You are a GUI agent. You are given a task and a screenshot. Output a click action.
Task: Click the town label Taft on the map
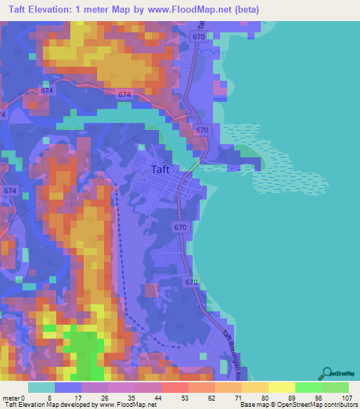click(164, 169)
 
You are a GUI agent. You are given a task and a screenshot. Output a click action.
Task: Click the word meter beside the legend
click(12, 398)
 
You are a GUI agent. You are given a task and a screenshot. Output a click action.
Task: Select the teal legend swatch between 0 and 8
click(41, 387)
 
